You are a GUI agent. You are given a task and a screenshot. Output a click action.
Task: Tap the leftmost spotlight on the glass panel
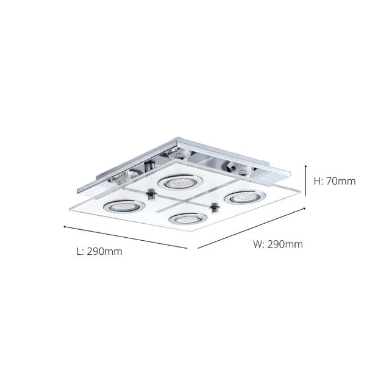(x=116, y=205)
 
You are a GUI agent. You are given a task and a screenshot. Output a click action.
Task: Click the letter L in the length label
(x=78, y=251)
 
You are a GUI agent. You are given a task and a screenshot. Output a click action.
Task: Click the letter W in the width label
(x=257, y=244)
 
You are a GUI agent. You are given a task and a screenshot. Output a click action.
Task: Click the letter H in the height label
(x=317, y=181)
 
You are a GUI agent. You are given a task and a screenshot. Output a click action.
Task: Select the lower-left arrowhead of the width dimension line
(x=199, y=248)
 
